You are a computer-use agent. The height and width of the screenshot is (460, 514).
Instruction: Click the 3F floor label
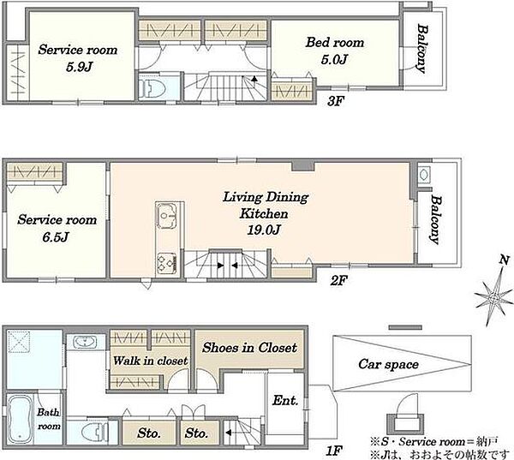click(x=335, y=101)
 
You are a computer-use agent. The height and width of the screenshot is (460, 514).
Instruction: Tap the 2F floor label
click(x=338, y=280)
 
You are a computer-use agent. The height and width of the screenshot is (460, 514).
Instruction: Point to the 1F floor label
click(x=334, y=451)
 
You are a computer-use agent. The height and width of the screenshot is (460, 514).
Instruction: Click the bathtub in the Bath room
click(x=20, y=418)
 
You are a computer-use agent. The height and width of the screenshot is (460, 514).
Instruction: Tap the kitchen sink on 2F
click(x=167, y=215)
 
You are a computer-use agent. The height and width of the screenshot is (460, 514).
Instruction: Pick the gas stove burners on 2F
click(x=167, y=263)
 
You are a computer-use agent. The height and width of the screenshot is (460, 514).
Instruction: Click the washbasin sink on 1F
click(x=85, y=343)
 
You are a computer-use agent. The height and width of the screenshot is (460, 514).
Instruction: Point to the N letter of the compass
click(x=505, y=260)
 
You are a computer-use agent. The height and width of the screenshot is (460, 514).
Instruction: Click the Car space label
click(x=388, y=364)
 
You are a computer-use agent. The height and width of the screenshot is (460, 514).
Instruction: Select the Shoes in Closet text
click(x=250, y=348)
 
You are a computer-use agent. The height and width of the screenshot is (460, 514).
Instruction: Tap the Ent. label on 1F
click(x=285, y=400)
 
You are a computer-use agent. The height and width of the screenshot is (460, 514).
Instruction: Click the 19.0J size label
click(x=264, y=230)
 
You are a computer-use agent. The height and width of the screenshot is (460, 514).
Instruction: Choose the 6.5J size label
click(x=56, y=236)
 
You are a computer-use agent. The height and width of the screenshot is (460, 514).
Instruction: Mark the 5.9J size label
click(x=79, y=67)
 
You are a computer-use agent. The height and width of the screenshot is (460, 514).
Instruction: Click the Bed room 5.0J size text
click(x=334, y=60)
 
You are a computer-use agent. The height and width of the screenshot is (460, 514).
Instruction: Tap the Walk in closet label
click(x=151, y=361)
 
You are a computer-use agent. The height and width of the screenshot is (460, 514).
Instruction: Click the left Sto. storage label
click(x=149, y=433)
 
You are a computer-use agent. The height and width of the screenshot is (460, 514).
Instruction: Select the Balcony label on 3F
click(x=422, y=49)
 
